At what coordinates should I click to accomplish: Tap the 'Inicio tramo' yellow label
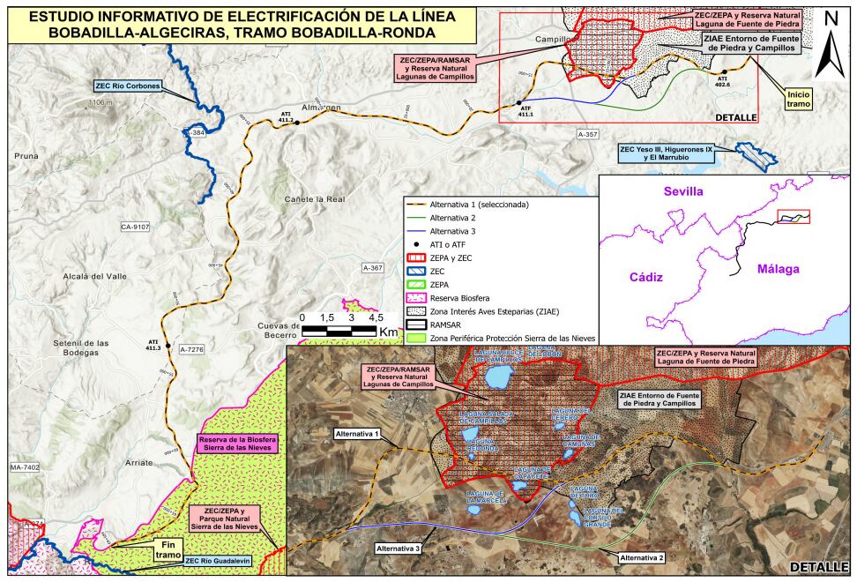click(800, 98)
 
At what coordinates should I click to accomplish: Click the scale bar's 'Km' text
click(388, 331)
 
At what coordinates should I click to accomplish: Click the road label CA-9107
click(136, 227)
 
